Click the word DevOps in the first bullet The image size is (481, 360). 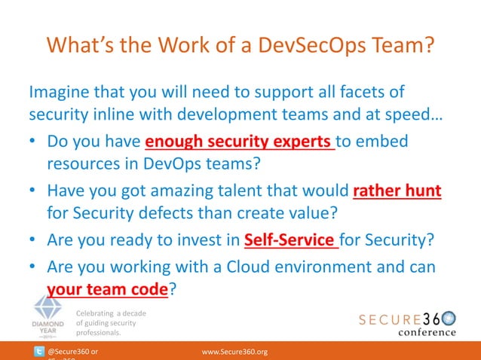pyautogui.click(x=175, y=166)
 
